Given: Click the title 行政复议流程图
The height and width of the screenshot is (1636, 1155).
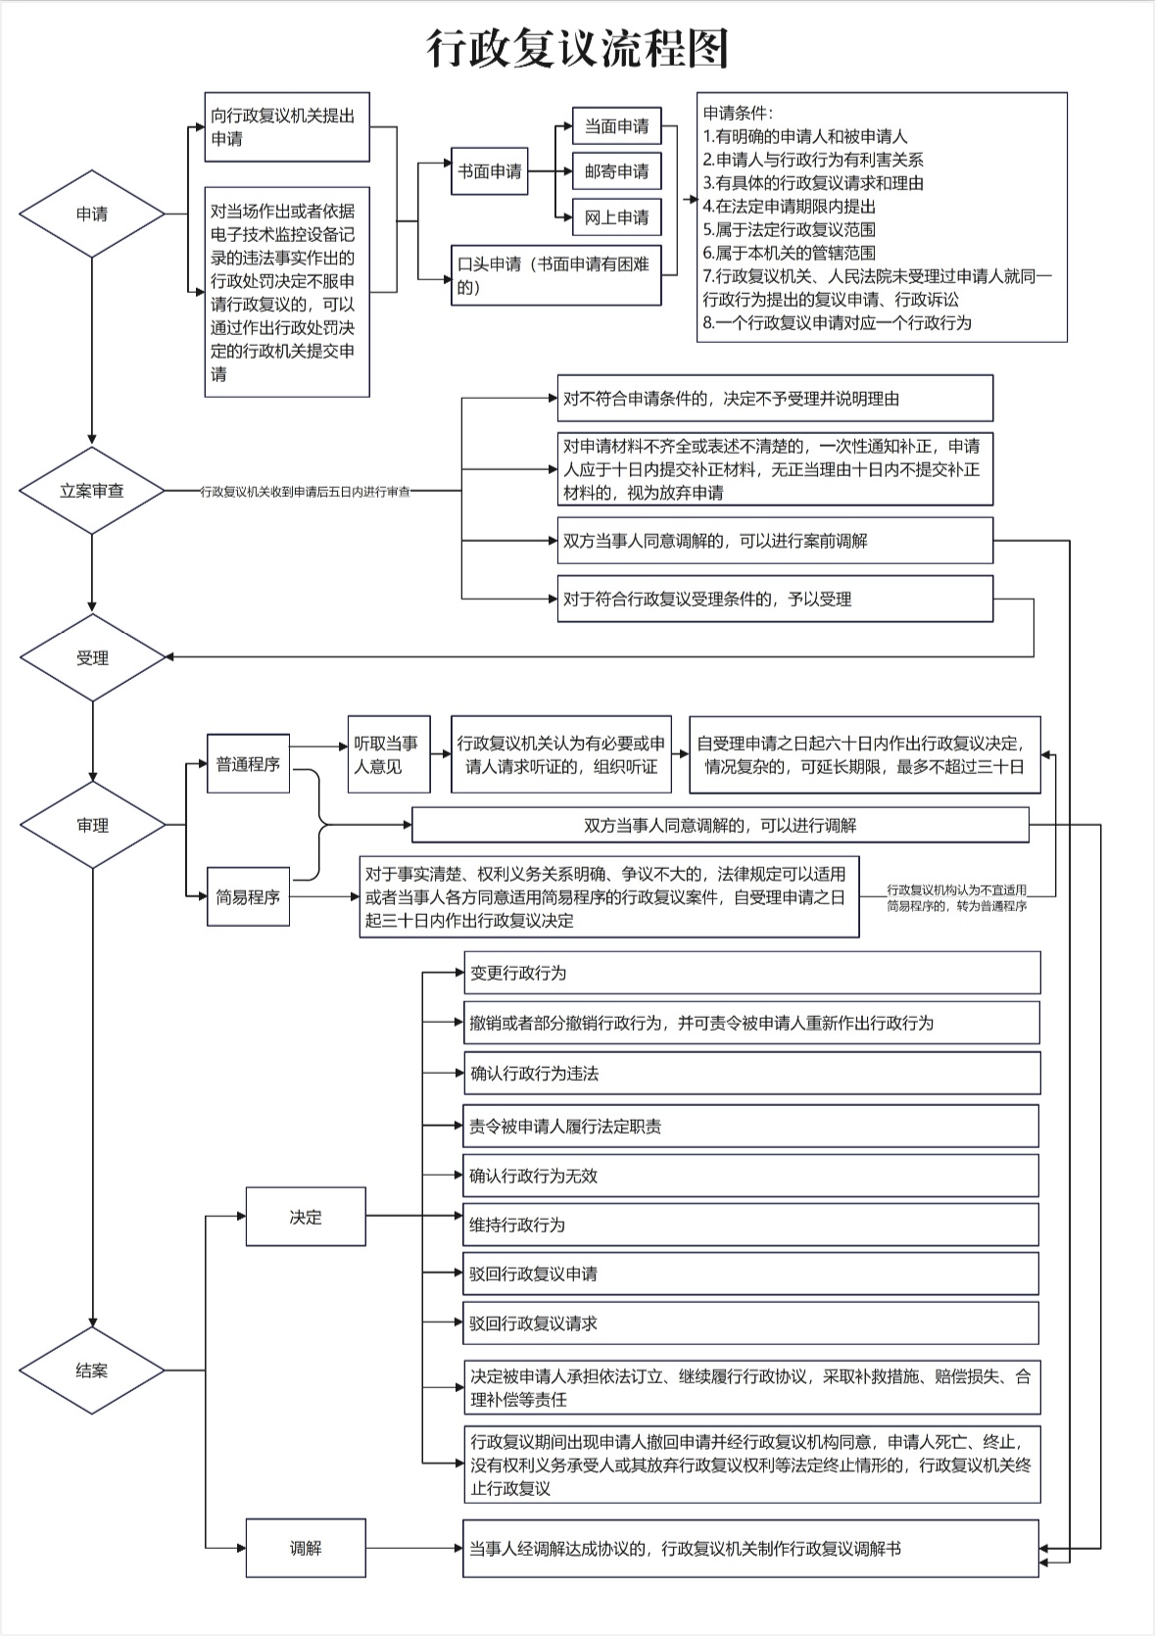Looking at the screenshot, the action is pos(577,48).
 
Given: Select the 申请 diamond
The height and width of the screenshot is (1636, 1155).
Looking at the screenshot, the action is pos(92,214).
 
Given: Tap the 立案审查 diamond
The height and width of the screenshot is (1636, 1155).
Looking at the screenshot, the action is pos(92,491).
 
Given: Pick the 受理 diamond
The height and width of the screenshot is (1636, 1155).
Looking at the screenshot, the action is pos(93,657).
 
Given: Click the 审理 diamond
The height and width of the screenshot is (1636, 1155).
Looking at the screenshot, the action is pos(93,825).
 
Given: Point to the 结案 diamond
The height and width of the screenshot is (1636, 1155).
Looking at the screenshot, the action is pos(92,1371).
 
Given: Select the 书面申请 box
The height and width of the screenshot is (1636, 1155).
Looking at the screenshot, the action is pos(490,170).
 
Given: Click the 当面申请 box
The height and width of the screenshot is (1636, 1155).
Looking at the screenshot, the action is pos(616,126).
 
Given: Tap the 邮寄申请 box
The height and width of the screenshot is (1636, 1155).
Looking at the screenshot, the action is pos(616,171).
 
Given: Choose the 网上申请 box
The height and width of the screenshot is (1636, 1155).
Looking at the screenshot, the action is pos(616,217).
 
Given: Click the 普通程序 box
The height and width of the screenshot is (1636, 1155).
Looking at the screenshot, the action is pos(249,764).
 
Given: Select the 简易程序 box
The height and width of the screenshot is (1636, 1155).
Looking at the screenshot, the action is pos(249,897).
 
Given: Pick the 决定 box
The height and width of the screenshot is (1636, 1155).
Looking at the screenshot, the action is pos(306,1217).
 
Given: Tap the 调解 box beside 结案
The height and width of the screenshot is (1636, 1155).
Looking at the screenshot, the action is pos(306,1549).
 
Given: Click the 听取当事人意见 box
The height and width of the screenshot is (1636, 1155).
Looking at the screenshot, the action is pos(389,754).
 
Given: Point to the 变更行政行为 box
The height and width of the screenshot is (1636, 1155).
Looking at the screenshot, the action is pos(752,973).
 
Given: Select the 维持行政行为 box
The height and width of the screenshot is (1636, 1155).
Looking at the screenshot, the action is pos(751,1225).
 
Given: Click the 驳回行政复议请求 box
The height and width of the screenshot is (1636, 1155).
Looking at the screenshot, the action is pos(751,1323).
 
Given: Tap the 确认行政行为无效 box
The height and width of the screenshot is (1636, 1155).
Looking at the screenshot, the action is pos(751,1176).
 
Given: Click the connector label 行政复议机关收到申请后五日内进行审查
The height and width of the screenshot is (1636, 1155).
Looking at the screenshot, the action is pos(306,492).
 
